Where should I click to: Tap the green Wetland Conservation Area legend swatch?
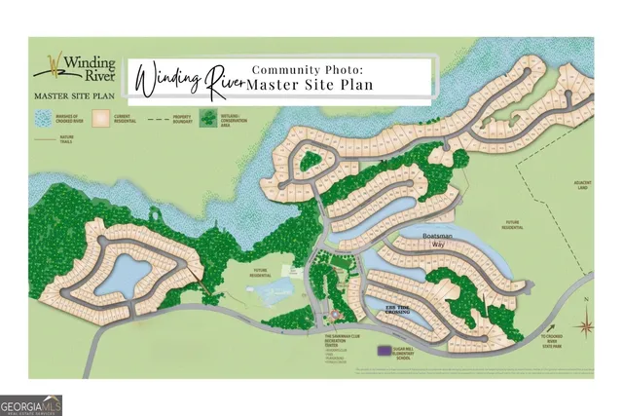coord(207,119)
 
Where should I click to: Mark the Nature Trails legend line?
coord(42,139)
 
